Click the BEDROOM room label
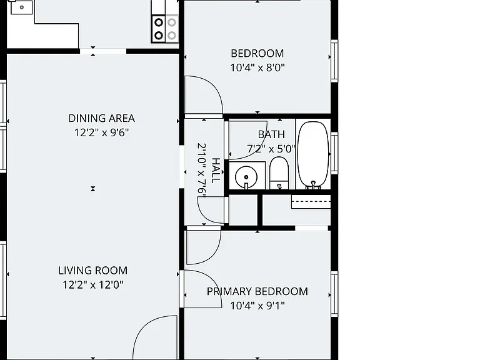coord(257,53)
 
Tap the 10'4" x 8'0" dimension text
coord(257,67)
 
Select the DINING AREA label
coord(102,118)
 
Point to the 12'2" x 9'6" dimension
coord(102,132)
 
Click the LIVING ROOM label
coord(92,270)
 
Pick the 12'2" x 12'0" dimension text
coord(92,285)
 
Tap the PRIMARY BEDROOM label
coord(257,291)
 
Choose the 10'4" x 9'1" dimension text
coord(257,305)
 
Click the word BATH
coord(271,134)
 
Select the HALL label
coord(216,171)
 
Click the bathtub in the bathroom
coord(313,154)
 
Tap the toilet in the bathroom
coord(279,173)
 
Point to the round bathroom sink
coord(246,177)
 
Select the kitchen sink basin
coord(21,7)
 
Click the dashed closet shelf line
coord(311,201)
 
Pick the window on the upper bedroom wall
coord(334,61)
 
